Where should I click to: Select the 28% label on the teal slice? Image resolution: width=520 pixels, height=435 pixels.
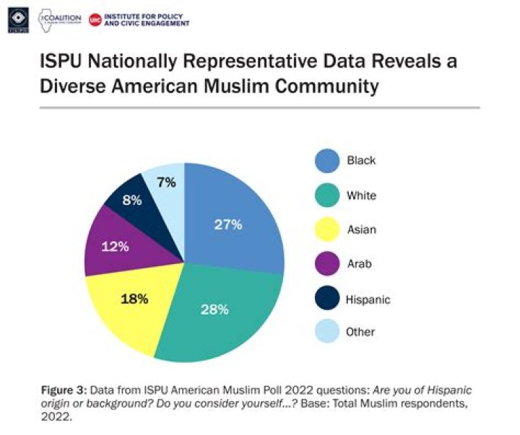(x=216, y=309)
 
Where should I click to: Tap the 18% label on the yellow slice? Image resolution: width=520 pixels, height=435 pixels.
(x=135, y=297)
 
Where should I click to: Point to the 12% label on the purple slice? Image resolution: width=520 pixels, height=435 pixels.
(x=116, y=247)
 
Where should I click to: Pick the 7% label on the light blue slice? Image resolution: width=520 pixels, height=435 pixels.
(x=165, y=183)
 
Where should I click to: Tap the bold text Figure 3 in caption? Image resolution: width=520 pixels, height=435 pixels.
(x=63, y=390)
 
